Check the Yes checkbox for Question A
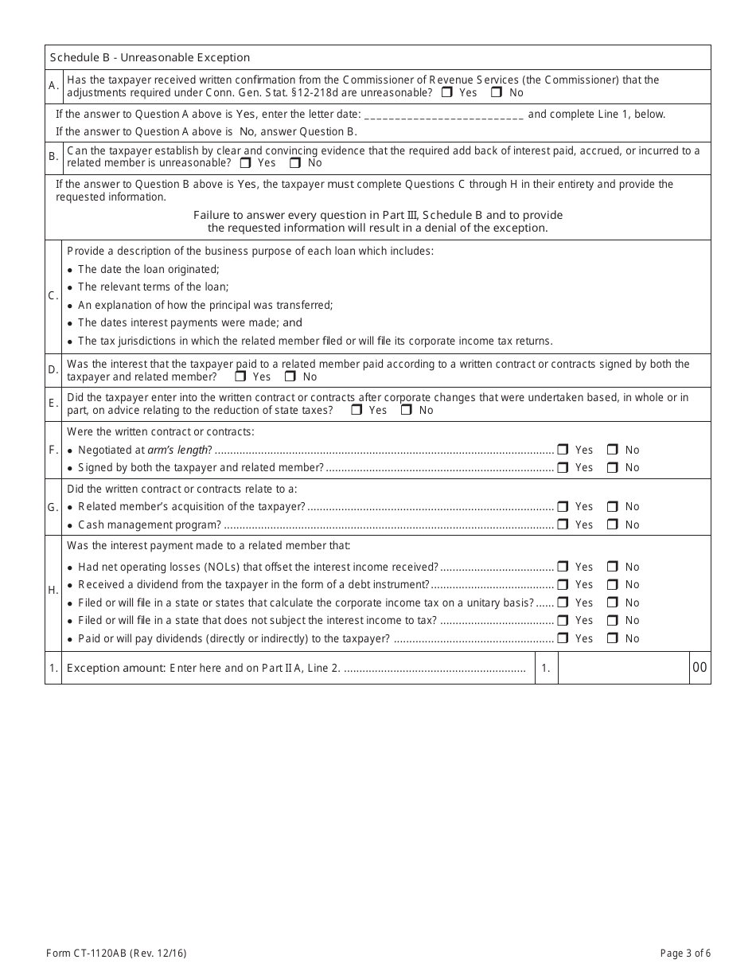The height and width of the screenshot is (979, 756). coord(447,92)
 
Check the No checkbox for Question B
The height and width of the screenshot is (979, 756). coord(295,163)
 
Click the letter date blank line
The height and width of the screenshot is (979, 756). coord(443,115)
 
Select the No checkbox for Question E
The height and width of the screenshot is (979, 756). coord(407,411)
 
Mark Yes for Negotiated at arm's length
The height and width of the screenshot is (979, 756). coord(563,450)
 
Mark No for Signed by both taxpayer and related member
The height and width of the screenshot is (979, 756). coord(613,468)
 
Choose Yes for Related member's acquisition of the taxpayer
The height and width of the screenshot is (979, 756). coord(563,506)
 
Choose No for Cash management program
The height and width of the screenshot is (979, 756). coord(613,525)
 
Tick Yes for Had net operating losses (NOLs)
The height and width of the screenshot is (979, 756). coord(563,567)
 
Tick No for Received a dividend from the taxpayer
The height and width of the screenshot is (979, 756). coord(613,585)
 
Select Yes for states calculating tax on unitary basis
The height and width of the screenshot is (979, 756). coord(563,603)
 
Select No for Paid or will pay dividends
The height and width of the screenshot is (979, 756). coord(613,638)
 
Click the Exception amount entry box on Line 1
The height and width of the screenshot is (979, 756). coord(623,669)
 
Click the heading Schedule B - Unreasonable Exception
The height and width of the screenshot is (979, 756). coord(150,57)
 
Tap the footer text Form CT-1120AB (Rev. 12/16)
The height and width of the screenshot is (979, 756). coord(118,953)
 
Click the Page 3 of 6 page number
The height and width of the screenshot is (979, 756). coord(685,953)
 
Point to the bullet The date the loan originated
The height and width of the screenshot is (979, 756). coord(148,270)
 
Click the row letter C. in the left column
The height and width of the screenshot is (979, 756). coord(53,296)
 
